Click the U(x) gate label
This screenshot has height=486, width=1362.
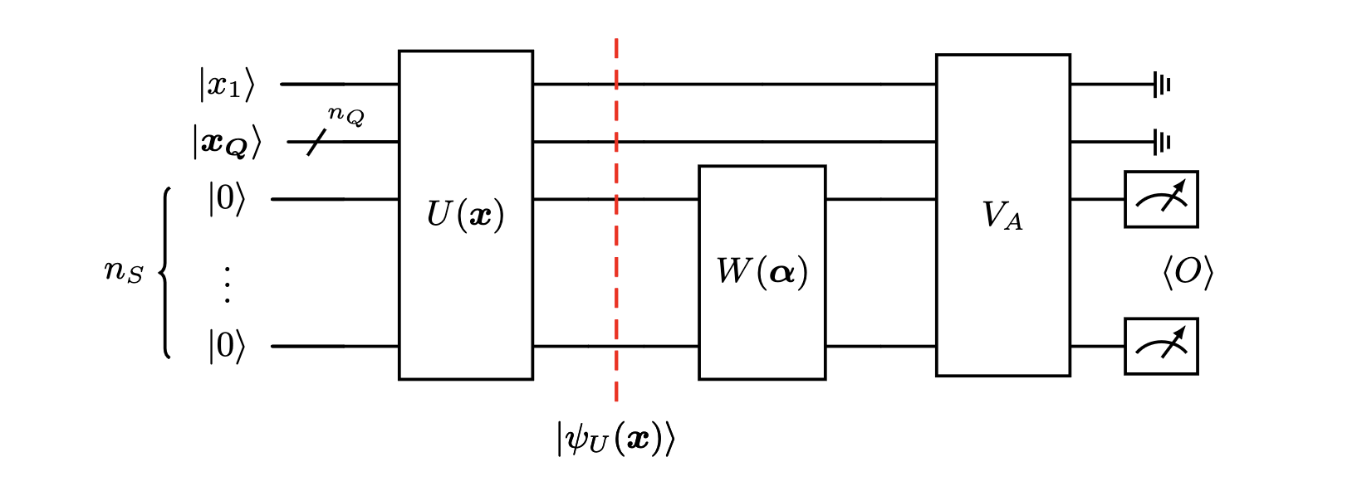click(465, 216)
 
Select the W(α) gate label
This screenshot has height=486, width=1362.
click(762, 272)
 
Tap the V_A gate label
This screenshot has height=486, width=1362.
click(1002, 216)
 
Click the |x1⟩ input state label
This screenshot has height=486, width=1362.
click(226, 85)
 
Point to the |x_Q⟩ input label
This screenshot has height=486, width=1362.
click(227, 143)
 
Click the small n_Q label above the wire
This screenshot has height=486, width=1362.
click(345, 114)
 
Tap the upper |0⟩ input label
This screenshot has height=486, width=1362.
click(227, 200)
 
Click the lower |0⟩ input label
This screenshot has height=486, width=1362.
click(227, 347)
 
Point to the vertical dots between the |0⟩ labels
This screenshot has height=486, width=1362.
click(226, 284)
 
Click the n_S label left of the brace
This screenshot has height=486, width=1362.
click(124, 272)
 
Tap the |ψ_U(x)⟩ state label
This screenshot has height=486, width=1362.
click(615, 438)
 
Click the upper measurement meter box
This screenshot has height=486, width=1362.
click(1161, 200)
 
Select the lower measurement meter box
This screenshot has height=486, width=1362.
click(1161, 347)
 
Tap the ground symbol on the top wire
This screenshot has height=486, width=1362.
click(1161, 85)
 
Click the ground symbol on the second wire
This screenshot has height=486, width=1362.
click(1161, 143)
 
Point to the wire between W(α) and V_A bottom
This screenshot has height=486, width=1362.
click(880, 347)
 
